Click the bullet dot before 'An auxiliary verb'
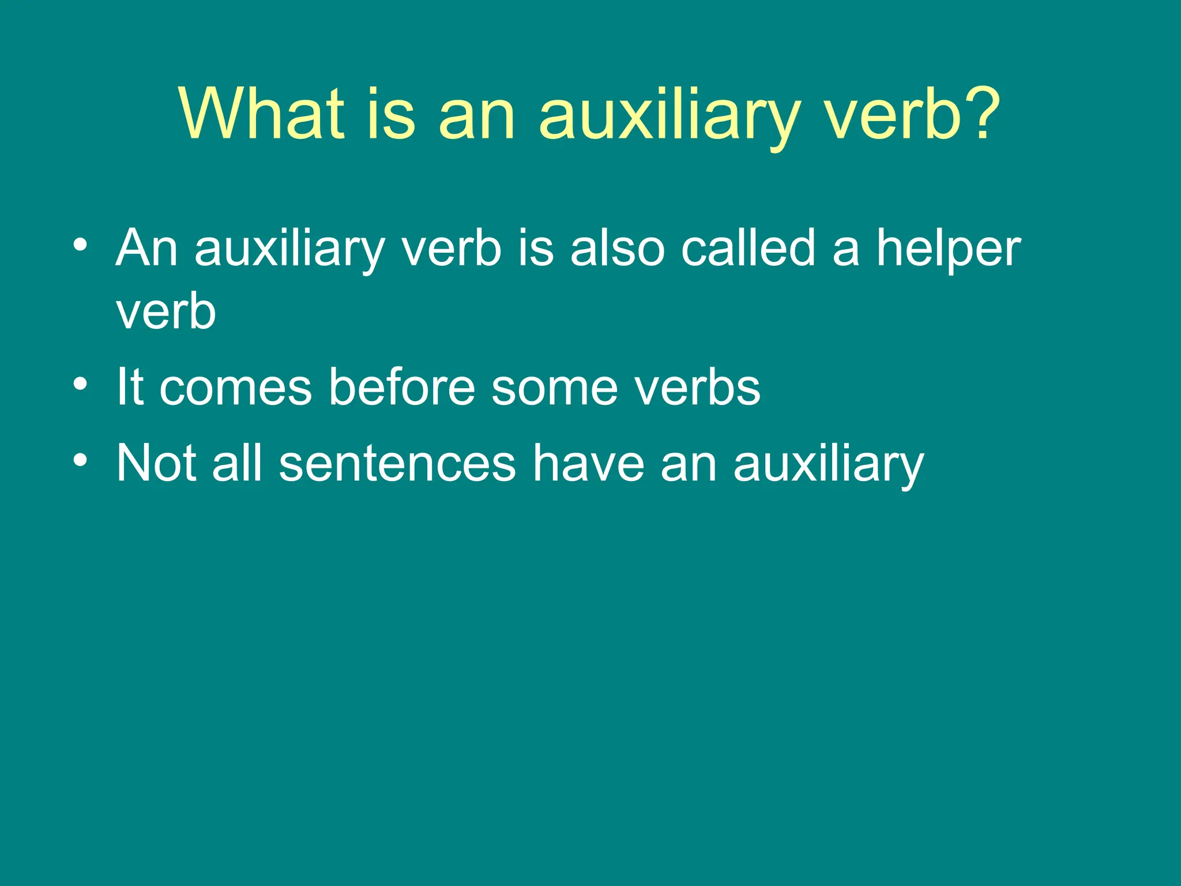click(x=81, y=245)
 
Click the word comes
click(x=235, y=388)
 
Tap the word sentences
click(x=397, y=464)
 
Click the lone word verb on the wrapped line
click(x=166, y=311)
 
